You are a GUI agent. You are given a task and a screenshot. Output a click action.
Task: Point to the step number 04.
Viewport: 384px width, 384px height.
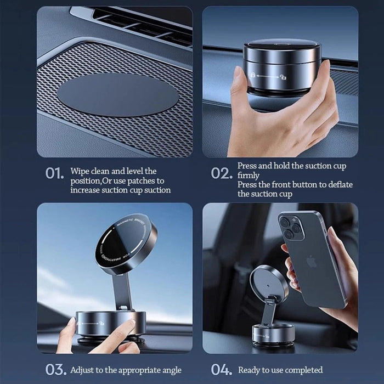[x=222, y=370]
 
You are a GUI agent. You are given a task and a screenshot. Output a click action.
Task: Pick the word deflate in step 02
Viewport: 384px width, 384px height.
[x=341, y=185]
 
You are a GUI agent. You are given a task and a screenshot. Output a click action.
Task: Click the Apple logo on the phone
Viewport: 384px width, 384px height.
[x=312, y=261]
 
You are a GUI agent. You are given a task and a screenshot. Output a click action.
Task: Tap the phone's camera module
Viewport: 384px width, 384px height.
[x=291, y=226]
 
